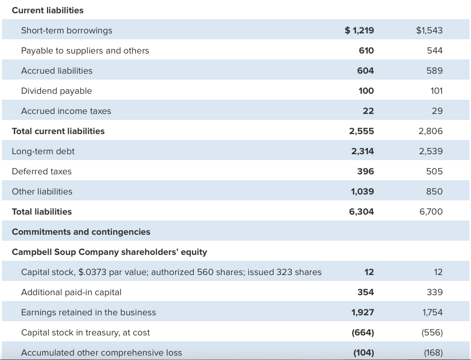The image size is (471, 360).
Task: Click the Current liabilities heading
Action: point(48,10)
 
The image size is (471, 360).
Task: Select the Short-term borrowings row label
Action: point(67,30)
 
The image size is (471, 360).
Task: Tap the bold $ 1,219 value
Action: point(360,30)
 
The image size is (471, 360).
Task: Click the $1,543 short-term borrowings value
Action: point(429,30)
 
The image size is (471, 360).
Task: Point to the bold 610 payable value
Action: point(366,51)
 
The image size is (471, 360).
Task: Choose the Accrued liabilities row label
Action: point(57,71)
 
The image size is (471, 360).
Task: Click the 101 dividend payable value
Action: point(436,91)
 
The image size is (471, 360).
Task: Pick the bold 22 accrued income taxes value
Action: point(368,111)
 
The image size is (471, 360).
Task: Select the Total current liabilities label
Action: point(58,131)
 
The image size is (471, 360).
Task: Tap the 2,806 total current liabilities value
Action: point(431,131)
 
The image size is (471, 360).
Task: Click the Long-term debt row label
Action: point(43,151)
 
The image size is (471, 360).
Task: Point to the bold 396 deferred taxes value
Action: point(366,171)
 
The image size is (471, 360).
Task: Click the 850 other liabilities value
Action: point(435,192)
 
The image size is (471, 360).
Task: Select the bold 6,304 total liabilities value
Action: point(362,212)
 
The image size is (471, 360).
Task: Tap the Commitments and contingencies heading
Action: point(81,232)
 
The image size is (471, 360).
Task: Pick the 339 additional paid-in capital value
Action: point(435,292)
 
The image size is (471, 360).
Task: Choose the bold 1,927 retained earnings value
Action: point(363,312)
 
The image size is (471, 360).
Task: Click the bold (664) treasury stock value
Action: point(363,332)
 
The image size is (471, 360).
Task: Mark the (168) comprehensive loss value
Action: point(432,353)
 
